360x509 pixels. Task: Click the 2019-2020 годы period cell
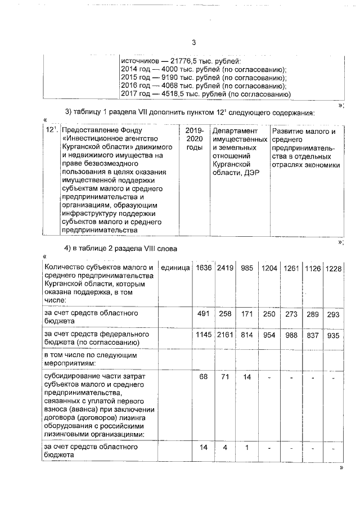coord(193,139)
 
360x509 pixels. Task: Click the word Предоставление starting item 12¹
coord(93,131)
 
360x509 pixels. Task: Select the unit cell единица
coord(175,268)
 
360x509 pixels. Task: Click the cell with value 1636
coord(203,268)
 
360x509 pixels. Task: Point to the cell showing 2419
coord(225,268)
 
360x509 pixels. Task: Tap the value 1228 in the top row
coord(334,268)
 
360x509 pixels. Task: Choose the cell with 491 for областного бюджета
coord(203,314)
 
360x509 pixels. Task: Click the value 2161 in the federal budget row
coord(225,335)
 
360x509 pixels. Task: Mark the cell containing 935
coord(334,335)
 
